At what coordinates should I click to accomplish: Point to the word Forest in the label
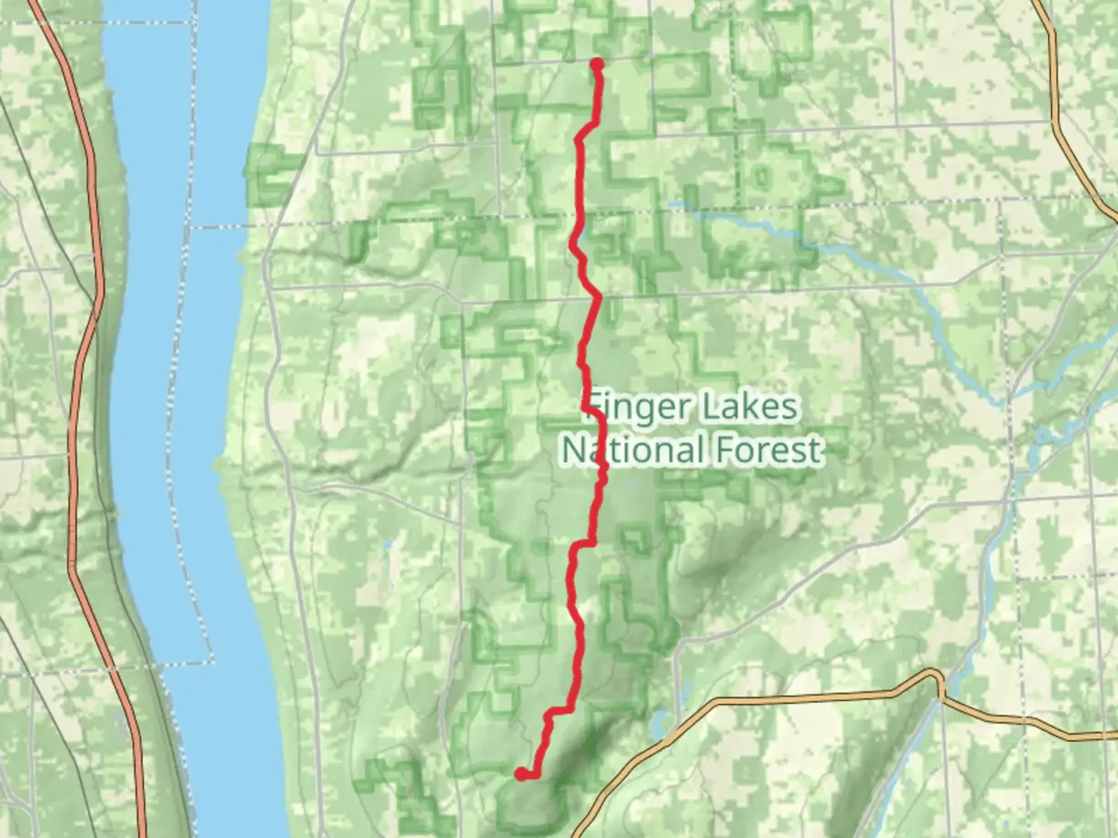pos(769,450)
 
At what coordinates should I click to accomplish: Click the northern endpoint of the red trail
pos(597,64)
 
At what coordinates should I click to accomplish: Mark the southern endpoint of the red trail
pos(520,773)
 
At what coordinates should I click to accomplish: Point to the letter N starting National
pos(573,450)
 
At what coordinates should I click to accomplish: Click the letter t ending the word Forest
pos(815,450)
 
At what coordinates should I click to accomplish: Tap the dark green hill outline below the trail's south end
pos(528,807)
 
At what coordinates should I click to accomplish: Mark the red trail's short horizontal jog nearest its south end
pos(559,710)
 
